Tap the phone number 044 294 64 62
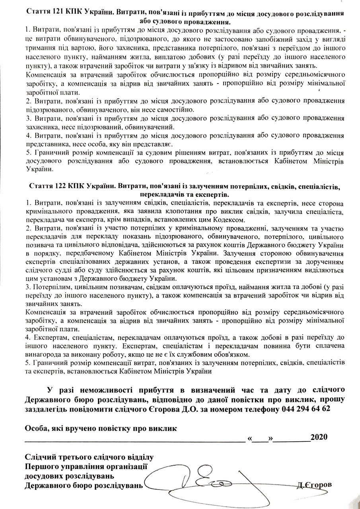[305, 408]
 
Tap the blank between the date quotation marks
[261, 438]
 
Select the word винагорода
[43, 354]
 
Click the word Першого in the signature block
[41, 466]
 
